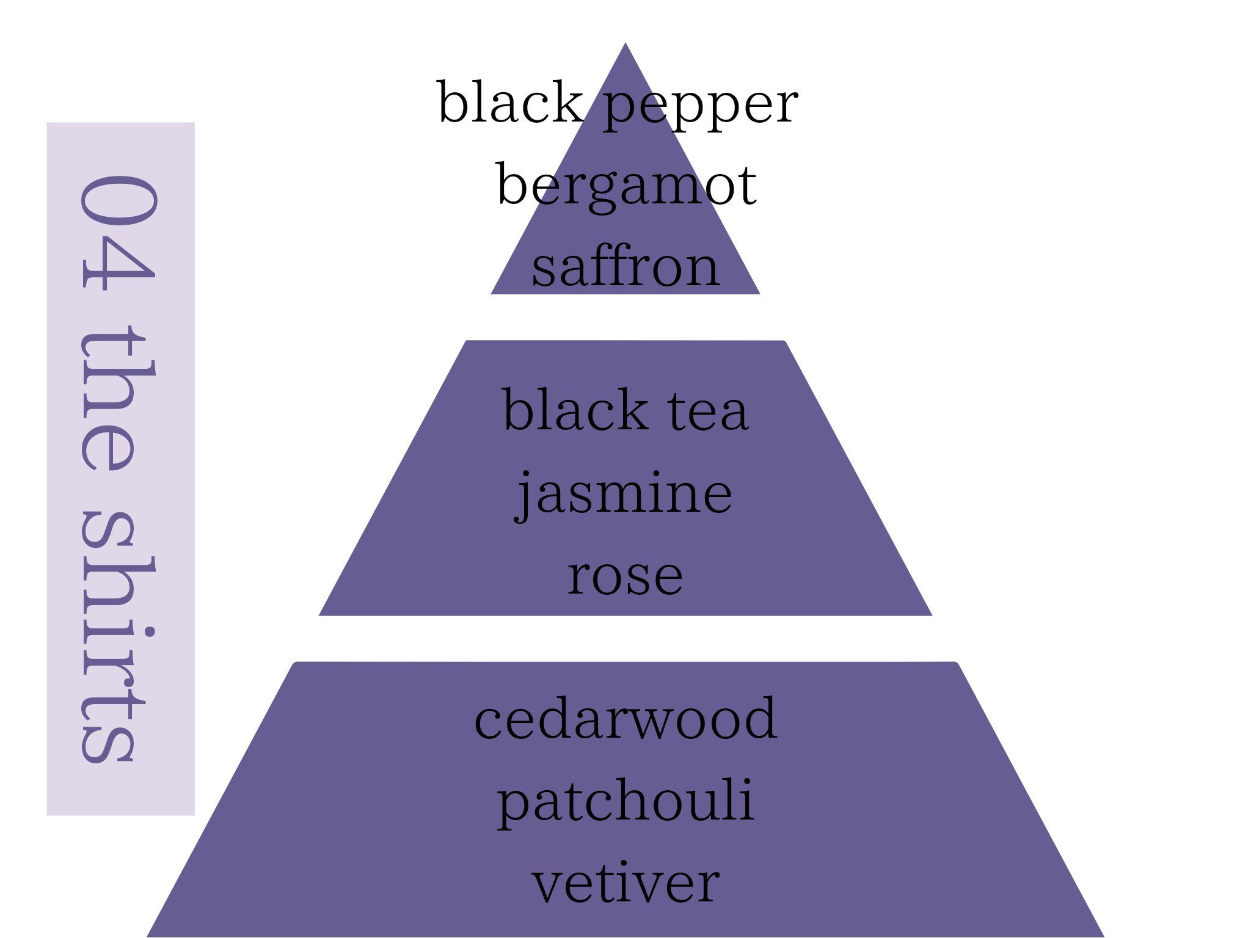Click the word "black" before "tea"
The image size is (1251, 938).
(x=574, y=410)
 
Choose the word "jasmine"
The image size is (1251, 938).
(x=624, y=494)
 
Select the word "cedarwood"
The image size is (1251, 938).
(x=625, y=719)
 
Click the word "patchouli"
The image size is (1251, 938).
(x=625, y=802)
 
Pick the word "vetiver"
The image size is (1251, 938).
(x=625, y=884)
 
